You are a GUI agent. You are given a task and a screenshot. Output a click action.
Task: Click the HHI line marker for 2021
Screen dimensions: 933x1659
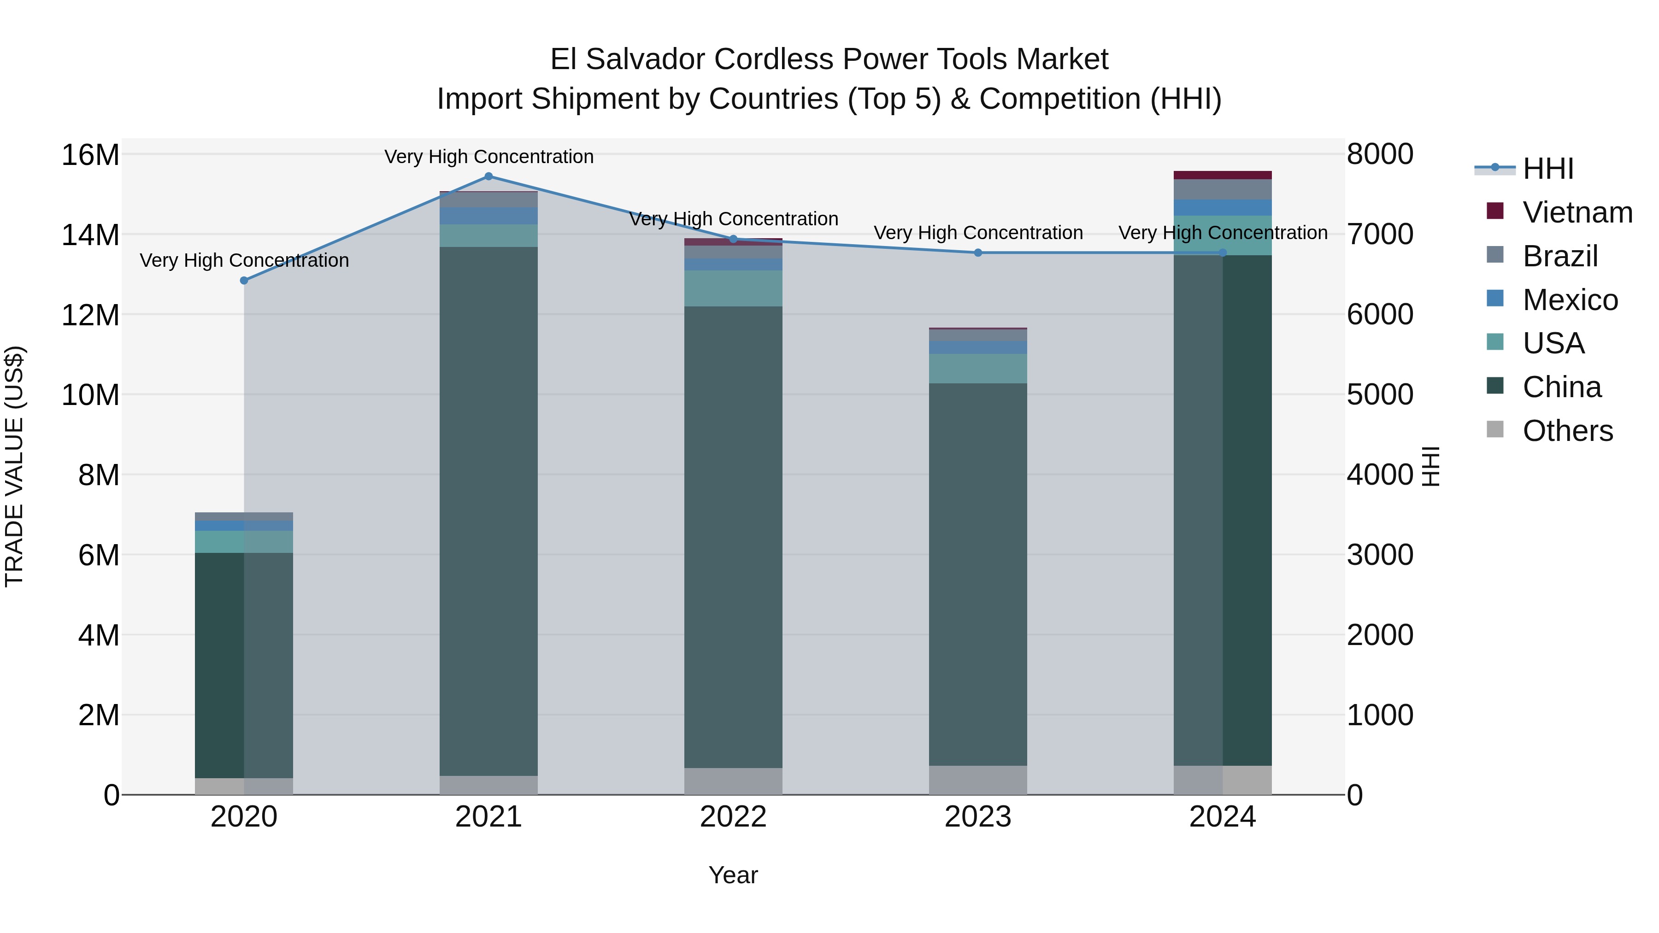[488, 176]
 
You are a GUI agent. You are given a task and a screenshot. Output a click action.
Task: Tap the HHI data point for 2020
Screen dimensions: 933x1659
[244, 281]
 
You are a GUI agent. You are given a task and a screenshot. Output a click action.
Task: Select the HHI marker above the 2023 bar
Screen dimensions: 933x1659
[977, 253]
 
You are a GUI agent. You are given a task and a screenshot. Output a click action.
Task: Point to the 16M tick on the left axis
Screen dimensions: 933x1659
[90, 155]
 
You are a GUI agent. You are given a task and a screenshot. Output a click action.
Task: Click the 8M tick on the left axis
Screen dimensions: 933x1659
[99, 475]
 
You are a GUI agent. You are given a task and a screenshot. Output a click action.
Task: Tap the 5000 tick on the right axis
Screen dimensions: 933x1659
[1379, 395]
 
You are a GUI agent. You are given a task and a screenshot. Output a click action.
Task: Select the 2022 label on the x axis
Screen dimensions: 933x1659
[733, 817]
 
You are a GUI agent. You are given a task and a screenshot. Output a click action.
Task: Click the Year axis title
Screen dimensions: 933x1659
[733, 876]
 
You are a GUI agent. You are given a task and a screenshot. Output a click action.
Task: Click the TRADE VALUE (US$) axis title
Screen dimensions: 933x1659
[14, 466]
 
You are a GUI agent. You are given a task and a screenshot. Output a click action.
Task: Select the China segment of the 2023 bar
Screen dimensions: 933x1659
[977, 573]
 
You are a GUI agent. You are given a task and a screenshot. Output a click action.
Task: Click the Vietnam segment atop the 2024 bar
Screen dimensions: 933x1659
[1222, 175]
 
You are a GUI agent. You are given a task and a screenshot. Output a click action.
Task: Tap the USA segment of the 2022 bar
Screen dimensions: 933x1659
[733, 288]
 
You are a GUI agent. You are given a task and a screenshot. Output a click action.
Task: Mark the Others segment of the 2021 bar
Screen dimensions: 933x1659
[488, 785]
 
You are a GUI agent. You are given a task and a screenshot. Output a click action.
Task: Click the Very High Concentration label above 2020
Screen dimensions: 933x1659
[244, 261]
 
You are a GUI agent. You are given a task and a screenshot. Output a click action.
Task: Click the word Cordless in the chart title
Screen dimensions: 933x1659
[774, 60]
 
